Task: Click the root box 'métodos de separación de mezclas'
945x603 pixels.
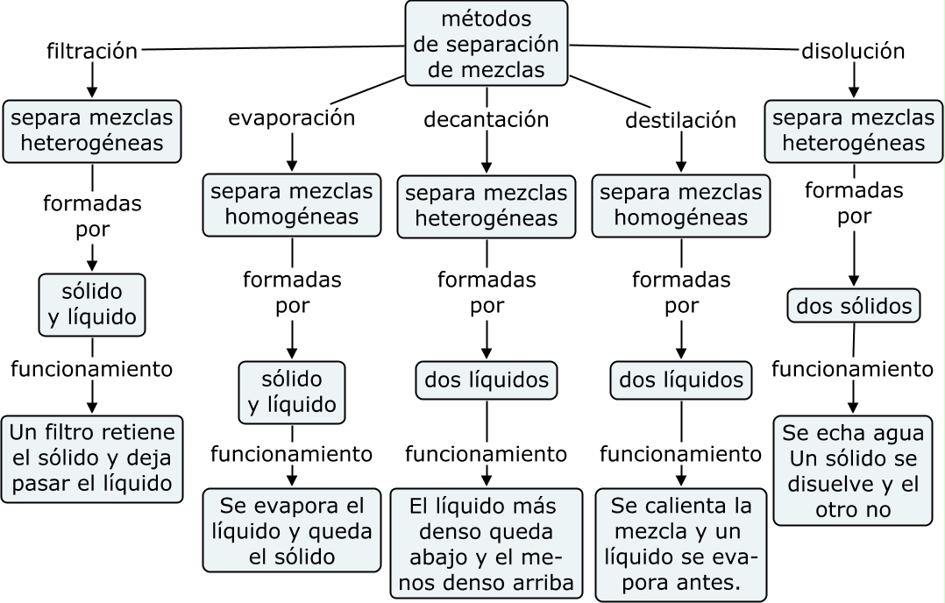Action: click(487, 43)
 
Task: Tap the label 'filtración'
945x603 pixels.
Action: click(92, 51)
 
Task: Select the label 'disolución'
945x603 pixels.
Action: click(853, 51)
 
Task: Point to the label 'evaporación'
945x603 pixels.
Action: click(292, 118)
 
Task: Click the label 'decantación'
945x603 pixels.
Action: click(487, 119)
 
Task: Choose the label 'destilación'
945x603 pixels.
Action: click(681, 120)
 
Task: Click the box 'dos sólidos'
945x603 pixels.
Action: click(854, 306)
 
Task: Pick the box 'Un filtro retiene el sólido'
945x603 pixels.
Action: click(92, 458)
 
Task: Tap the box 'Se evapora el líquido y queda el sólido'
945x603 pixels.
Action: click(292, 530)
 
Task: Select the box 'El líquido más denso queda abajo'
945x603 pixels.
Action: click(487, 544)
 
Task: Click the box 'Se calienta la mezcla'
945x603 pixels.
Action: click(681, 544)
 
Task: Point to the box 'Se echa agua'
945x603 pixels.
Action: click(853, 471)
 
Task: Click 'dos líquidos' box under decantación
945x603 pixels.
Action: click(487, 380)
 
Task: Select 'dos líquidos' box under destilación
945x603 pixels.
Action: click(681, 380)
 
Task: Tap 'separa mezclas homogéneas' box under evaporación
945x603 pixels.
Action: click(292, 205)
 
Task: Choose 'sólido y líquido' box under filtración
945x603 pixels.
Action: click(92, 305)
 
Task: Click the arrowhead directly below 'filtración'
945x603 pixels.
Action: click(91, 91)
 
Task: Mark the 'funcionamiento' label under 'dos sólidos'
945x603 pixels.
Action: click(852, 369)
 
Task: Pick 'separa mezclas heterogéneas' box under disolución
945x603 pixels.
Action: click(853, 131)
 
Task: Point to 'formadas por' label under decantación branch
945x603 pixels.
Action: click(487, 293)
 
